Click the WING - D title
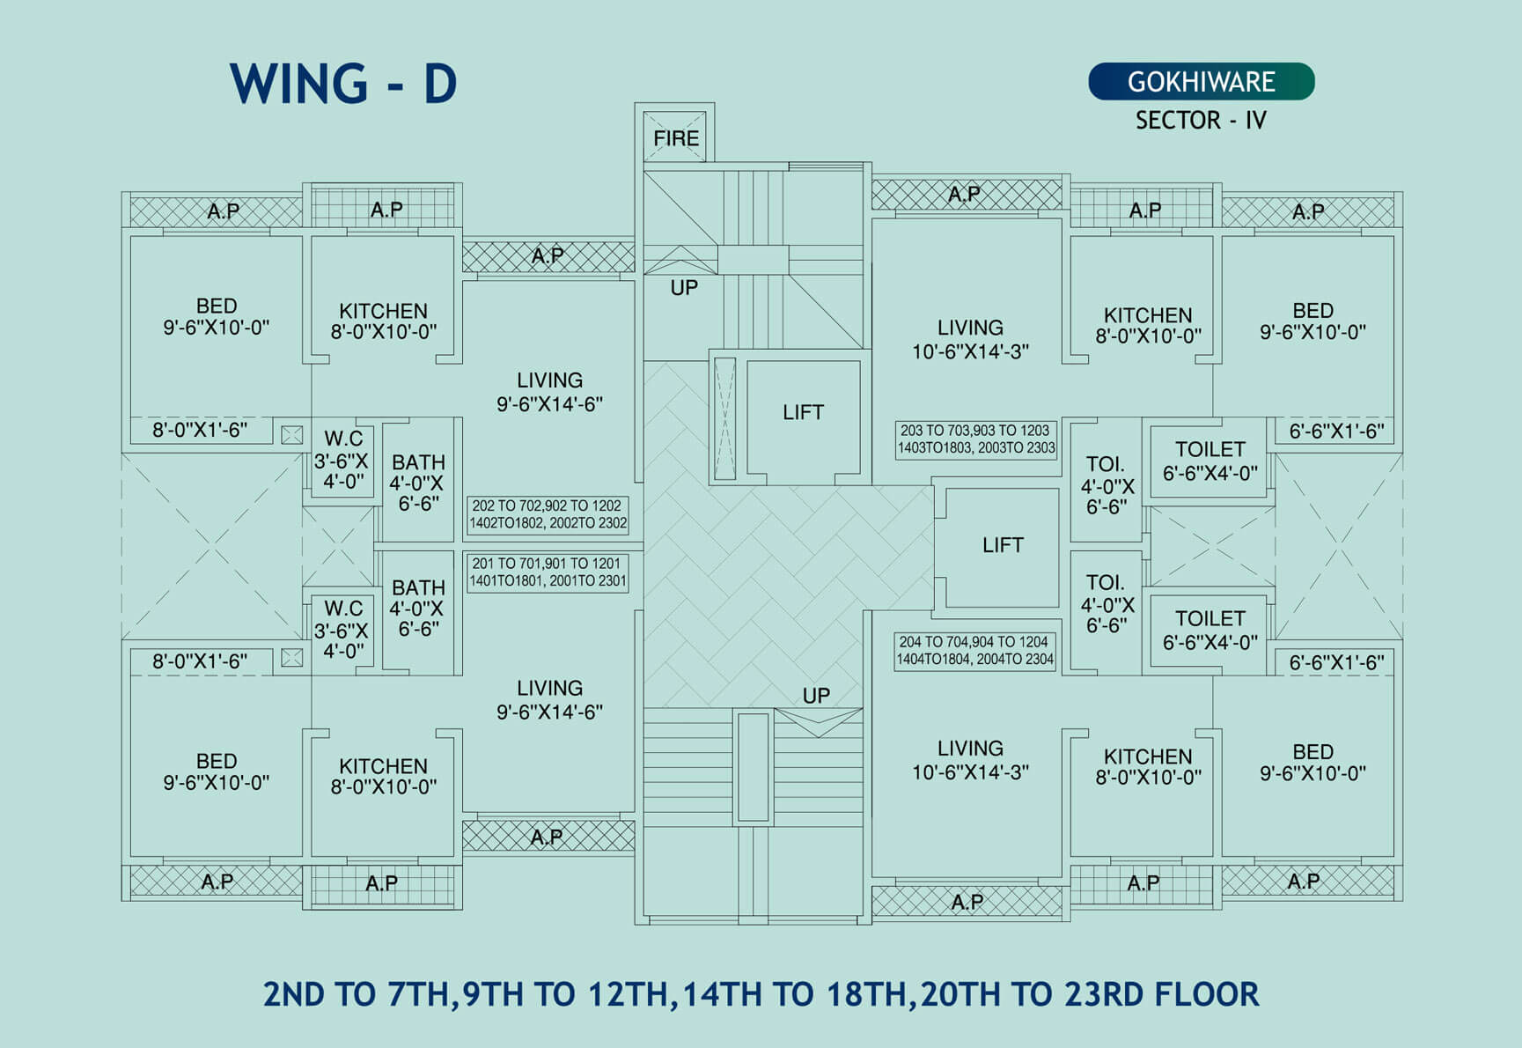pos(343,84)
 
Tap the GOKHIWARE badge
pos(1202,81)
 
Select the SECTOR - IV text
pos(1201,120)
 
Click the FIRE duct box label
pos(675,138)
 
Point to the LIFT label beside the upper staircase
pos(803,412)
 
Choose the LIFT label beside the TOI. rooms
pos(1003,545)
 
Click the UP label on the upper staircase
pos(684,288)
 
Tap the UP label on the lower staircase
pos(816,696)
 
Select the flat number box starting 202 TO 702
pos(548,514)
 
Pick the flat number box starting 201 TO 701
pos(548,572)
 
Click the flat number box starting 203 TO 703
pos(975,439)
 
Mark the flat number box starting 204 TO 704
pos(975,651)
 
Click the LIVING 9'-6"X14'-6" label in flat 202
pos(549,392)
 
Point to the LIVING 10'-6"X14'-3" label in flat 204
pos(970,760)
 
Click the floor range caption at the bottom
pos(761,994)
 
